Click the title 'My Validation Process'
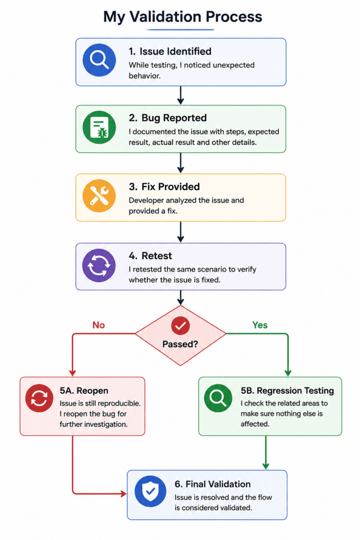click(183, 16)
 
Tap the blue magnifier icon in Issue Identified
click(99, 60)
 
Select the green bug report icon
click(99, 127)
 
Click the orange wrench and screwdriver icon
click(99, 196)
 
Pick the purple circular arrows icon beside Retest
click(99, 266)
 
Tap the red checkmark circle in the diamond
click(180, 325)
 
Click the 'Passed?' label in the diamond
click(180, 344)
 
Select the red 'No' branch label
click(99, 325)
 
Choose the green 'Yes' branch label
click(260, 325)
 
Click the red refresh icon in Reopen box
click(39, 398)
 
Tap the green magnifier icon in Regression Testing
click(218, 398)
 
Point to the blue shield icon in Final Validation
click(150, 491)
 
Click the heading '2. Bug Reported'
click(168, 118)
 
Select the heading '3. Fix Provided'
click(164, 187)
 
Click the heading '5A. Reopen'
click(84, 391)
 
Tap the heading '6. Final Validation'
click(213, 484)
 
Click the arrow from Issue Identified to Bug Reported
click(180, 95)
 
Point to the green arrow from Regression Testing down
click(266, 452)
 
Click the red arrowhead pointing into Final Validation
click(123, 494)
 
